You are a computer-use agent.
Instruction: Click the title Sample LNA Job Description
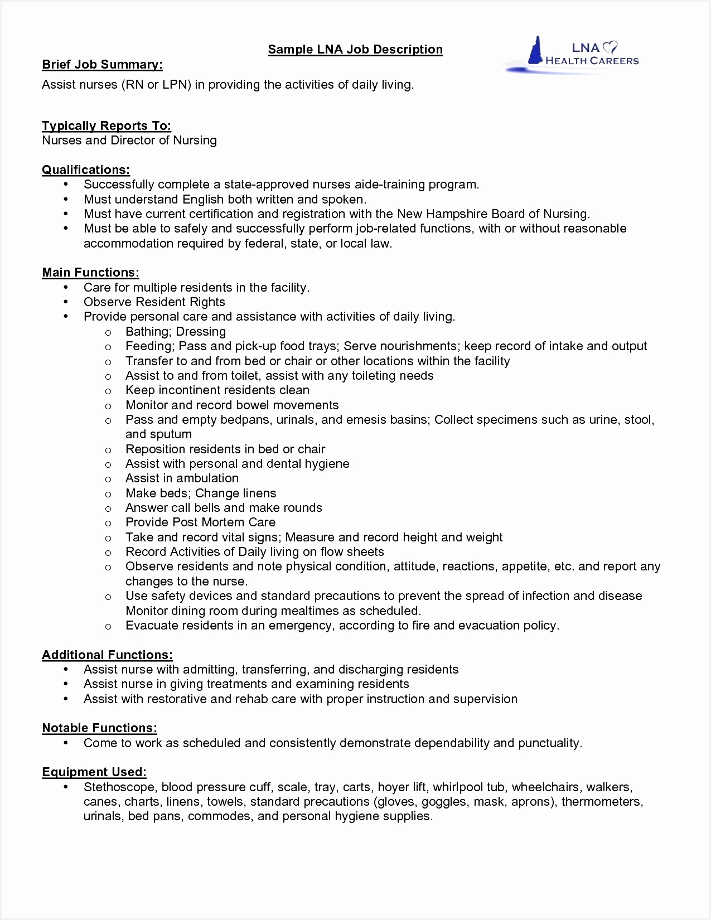355,50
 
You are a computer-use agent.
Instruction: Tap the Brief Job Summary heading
102,65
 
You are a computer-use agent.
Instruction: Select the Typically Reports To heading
107,126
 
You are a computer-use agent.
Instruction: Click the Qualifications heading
86,170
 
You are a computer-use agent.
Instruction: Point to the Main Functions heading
90,273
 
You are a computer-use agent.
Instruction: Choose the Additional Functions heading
107,655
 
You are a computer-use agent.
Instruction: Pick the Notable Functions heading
99,728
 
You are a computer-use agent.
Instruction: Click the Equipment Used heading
94,772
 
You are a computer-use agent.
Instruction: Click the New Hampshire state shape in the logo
536,51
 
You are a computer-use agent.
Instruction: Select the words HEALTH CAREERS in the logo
592,61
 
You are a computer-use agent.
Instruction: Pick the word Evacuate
151,626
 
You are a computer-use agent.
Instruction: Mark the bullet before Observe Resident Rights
66,302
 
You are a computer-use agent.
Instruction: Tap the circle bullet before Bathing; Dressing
108,332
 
